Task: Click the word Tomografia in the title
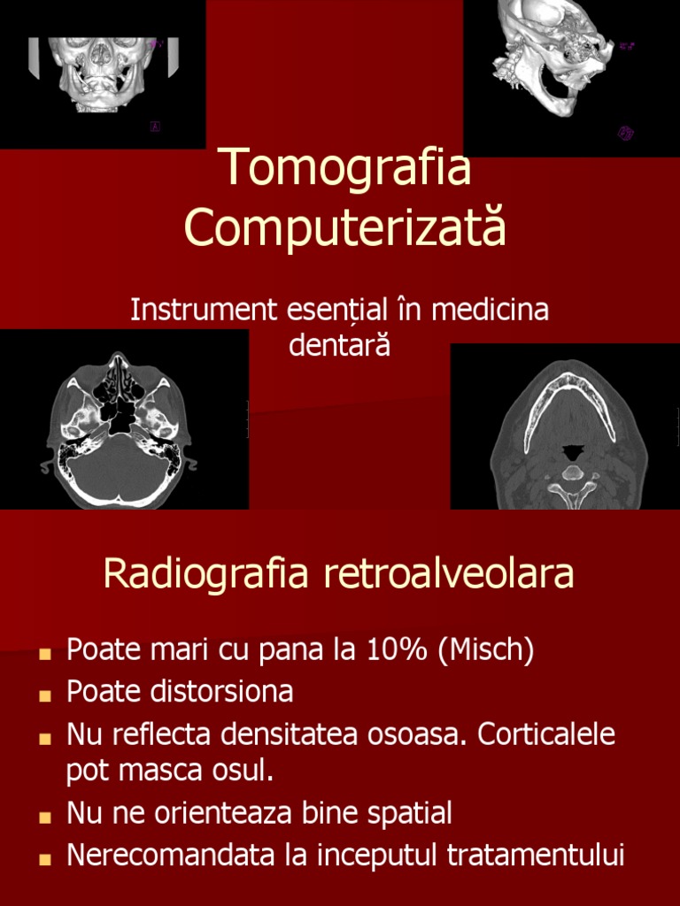point(344,167)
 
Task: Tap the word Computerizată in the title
point(344,227)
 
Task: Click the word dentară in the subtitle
point(339,345)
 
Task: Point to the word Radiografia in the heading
point(206,573)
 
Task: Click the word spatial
point(411,812)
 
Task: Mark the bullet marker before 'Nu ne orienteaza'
point(43,816)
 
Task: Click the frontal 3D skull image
point(103,74)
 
